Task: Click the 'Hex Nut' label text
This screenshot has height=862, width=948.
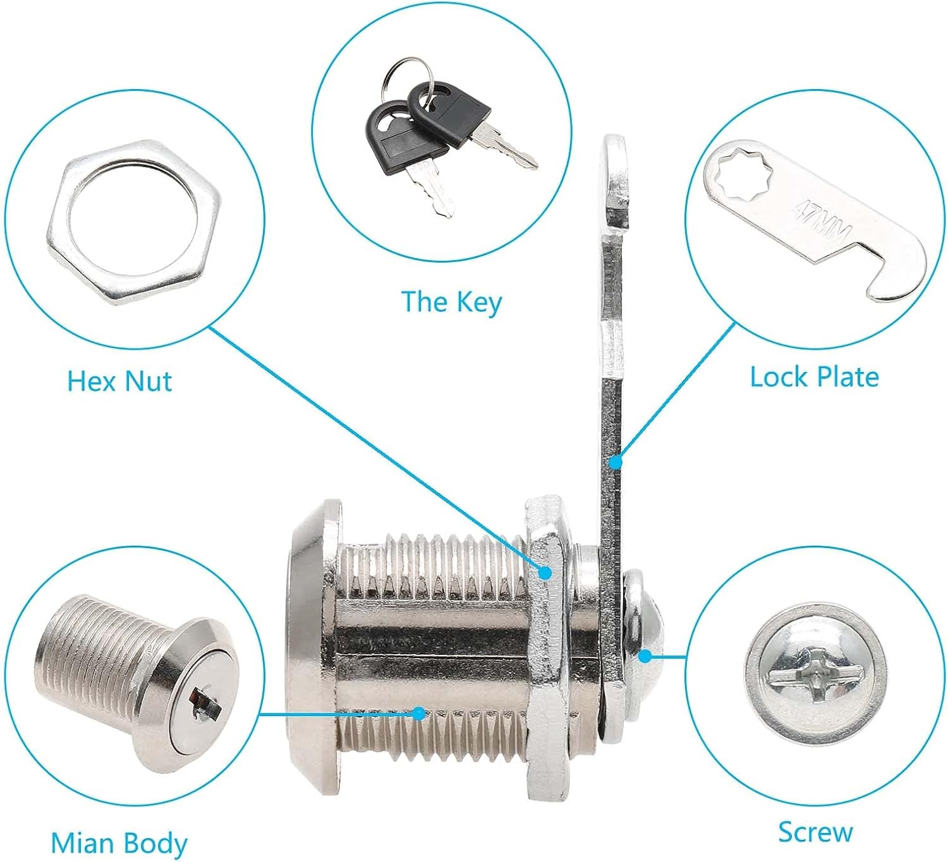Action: click(x=119, y=381)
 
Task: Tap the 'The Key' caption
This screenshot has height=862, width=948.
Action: click(x=451, y=302)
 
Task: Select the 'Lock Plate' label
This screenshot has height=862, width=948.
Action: click(x=814, y=378)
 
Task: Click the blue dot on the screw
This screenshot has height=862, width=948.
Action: click(x=645, y=656)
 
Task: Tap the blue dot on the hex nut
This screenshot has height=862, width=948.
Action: click(x=545, y=573)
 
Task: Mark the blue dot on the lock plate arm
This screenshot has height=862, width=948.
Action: click(x=616, y=462)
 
